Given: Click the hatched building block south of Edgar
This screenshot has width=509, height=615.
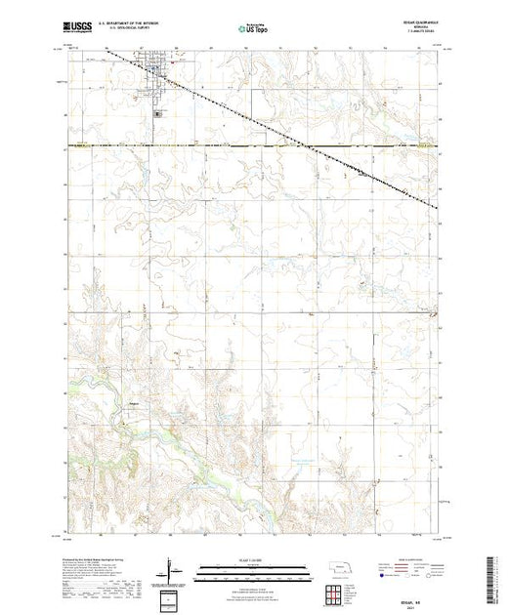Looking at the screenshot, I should (159, 114).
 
